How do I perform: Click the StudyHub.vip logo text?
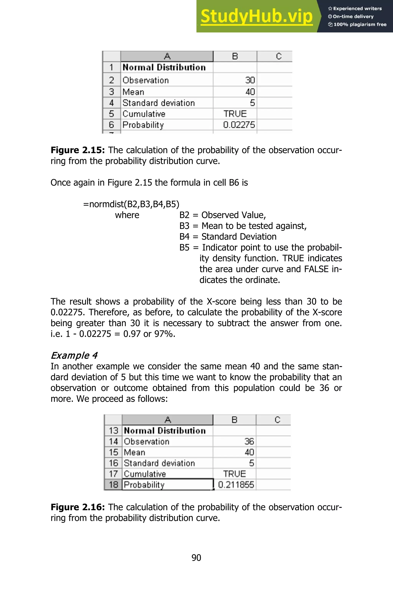point(256,16)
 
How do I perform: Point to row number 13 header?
point(113,431)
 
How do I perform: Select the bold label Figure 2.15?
point(78,150)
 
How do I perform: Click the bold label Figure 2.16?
point(78,507)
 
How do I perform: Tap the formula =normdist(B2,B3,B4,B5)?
point(131,204)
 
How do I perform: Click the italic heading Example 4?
point(74,355)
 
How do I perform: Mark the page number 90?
point(196,558)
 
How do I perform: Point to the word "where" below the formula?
point(127,215)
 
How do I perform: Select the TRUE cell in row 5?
point(235,114)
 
